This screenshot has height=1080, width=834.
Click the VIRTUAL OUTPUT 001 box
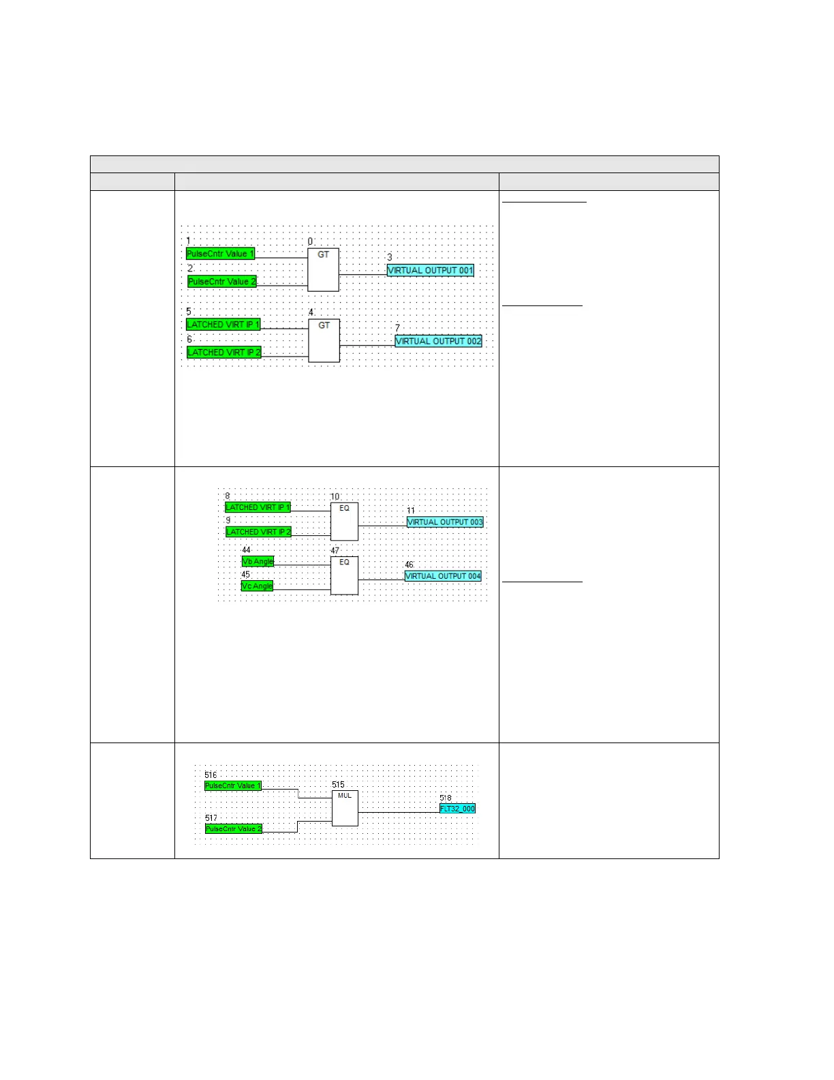click(430, 271)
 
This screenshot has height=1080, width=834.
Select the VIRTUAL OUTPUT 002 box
click(438, 342)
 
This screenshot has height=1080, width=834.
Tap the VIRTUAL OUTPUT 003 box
click(445, 522)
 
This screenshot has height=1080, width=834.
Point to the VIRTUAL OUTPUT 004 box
click(443, 576)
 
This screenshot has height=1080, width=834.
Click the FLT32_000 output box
click(457, 809)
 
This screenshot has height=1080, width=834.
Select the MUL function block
click(345, 809)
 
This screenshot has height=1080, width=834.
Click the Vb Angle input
click(258, 562)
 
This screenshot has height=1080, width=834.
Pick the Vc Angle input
click(257, 586)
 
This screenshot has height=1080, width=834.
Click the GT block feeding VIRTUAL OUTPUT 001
click(323, 270)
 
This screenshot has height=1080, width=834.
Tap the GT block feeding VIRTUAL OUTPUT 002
click(324, 341)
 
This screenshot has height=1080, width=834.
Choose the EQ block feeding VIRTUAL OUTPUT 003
click(344, 522)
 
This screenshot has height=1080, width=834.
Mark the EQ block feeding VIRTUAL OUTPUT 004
click(344, 576)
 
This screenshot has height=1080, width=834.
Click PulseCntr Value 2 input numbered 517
click(233, 829)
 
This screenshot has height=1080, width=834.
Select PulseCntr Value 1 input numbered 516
click(232, 786)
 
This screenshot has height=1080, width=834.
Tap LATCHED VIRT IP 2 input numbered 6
click(224, 352)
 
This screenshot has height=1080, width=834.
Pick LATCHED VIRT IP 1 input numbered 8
click(258, 508)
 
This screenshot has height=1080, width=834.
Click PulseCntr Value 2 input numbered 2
click(222, 282)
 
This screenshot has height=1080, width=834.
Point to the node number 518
click(445, 798)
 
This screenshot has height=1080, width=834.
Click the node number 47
click(335, 551)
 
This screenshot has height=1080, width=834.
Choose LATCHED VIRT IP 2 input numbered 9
click(258, 532)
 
